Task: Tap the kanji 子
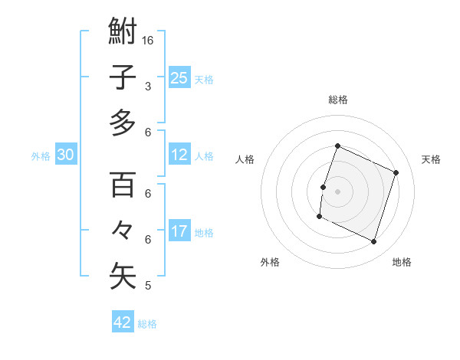123,77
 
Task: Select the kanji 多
123,123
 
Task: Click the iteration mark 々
123,231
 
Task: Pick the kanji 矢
123,277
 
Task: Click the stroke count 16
149,40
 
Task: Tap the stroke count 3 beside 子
148,87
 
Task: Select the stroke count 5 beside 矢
148,286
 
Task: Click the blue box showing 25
179,77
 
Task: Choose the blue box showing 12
179,155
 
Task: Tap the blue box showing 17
179,231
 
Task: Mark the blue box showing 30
66,155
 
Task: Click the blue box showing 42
122,322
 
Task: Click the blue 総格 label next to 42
147,324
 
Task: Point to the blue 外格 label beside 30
41,156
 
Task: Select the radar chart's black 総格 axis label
337,100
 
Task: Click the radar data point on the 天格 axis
396,172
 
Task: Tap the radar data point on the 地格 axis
374,242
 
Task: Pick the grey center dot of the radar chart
337,191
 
